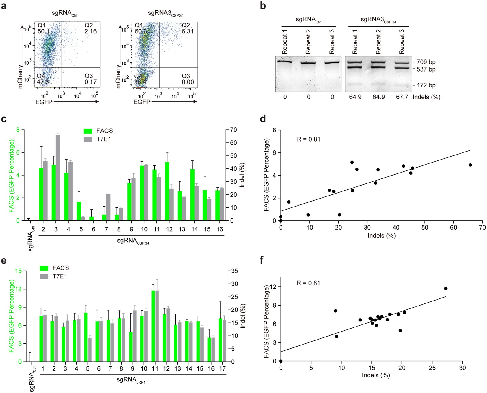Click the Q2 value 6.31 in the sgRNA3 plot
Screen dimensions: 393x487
(x=188, y=31)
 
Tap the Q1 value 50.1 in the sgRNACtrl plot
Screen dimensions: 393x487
(x=43, y=31)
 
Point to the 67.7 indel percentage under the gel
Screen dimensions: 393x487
(x=402, y=97)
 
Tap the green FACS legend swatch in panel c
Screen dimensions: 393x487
(x=88, y=131)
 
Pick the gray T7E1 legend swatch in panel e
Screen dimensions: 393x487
(x=44, y=277)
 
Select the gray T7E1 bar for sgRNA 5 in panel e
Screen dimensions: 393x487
(x=90, y=350)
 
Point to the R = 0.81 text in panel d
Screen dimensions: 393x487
(x=308, y=139)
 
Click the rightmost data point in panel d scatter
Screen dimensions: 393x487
(x=470, y=165)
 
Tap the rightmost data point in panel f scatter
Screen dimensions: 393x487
(x=446, y=288)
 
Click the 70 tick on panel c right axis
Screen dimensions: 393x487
(x=233, y=130)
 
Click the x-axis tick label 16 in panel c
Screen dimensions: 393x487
(x=220, y=229)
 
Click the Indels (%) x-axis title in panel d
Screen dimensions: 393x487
(x=381, y=236)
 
